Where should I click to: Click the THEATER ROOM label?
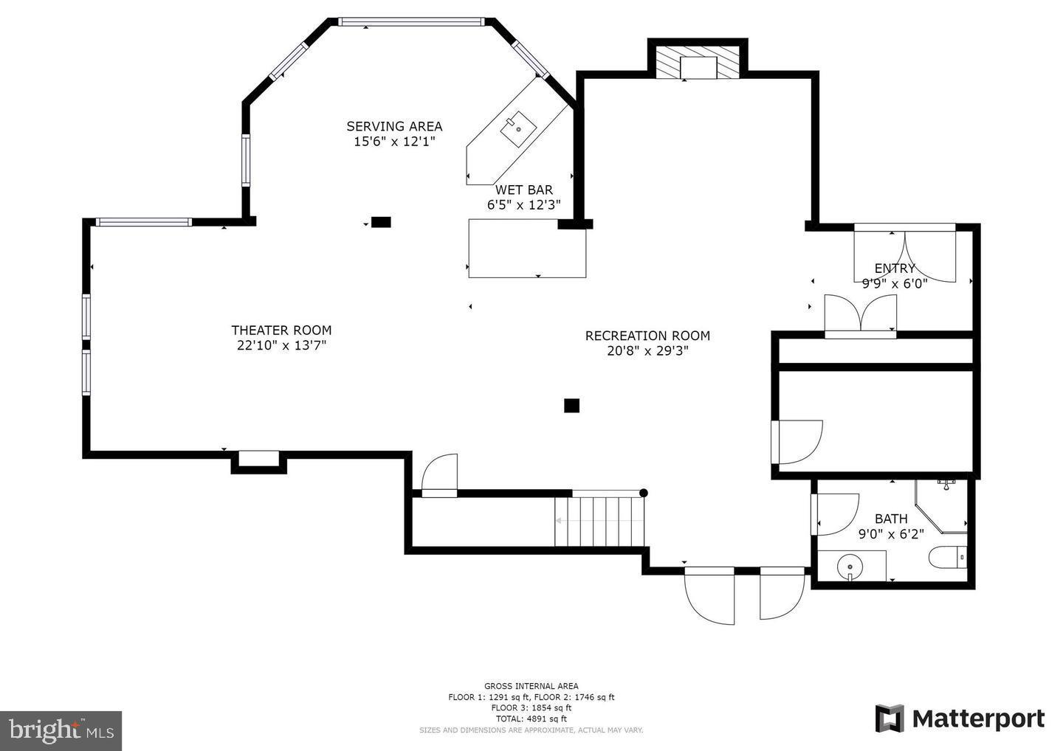(x=281, y=330)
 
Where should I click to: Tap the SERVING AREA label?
(x=394, y=126)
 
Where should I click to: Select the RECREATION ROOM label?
(x=647, y=336)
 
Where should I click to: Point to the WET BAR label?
(x=523, y=190)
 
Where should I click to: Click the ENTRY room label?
(x=895, y=269)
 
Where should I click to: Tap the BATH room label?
(x=891, y=519)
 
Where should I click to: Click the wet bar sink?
(x=519, y=129)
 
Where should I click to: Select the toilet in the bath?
(x=948, y=556)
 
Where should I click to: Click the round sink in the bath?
(x=850, y=567)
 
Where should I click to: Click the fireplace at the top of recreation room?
(x=698, y=63)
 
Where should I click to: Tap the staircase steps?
(x=600, y=521)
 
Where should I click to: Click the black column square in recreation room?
(x=571, y=405)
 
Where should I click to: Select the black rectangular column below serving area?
(x=381, y=222)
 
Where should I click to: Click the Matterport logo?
(x=960, y=719)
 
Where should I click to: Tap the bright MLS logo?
(x=61, y=730)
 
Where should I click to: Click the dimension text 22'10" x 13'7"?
(x=281, y=345)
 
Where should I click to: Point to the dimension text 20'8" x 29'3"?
(x=647, y=351)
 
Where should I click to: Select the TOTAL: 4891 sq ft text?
(x=531, y=719)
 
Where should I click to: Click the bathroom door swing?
(x=836, y=513)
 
